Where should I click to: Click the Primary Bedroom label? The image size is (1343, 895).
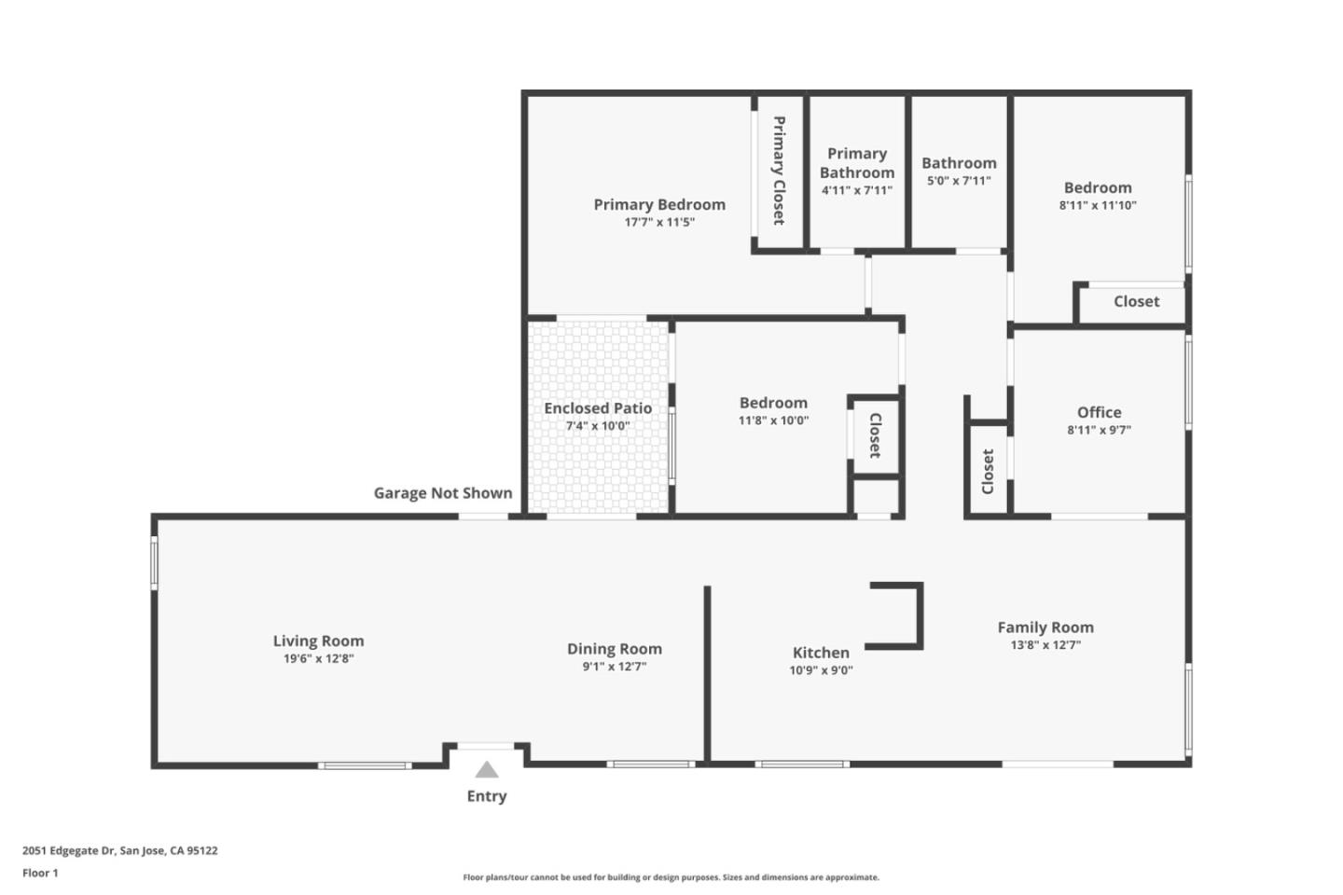tap(659, 204)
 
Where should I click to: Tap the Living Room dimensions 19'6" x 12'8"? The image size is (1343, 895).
tap(318, 658)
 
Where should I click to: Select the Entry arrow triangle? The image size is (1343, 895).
tap(486, 770)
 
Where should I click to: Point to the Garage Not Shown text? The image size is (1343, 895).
tap(443, 493)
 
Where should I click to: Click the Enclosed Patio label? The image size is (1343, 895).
tap(598, 408)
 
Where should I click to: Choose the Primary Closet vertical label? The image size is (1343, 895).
tap(778, 170)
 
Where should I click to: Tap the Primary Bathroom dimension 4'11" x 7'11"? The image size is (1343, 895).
tap(856, 190)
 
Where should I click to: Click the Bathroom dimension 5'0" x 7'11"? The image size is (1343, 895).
tap(959, 181)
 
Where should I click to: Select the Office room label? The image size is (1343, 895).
tap(1099, 412)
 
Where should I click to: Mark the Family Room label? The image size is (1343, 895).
tap(1045, 627)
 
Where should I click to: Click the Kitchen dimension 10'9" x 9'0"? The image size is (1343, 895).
tap(821, 669)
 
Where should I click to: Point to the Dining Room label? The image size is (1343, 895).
tap(615, 649)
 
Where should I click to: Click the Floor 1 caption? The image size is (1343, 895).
tap(40, 874)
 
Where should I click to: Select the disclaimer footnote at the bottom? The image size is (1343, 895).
tap(671, 877)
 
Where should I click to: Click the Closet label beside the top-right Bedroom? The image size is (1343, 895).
tap(1136, 302)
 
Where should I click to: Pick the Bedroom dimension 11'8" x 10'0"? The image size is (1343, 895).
tap(773, 420)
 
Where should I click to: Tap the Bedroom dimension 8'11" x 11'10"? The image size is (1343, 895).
tap(1098, 205)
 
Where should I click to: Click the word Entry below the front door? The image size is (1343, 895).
tap(487, 796)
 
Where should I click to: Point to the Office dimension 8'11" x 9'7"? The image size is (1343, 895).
tap(1099, 430)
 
